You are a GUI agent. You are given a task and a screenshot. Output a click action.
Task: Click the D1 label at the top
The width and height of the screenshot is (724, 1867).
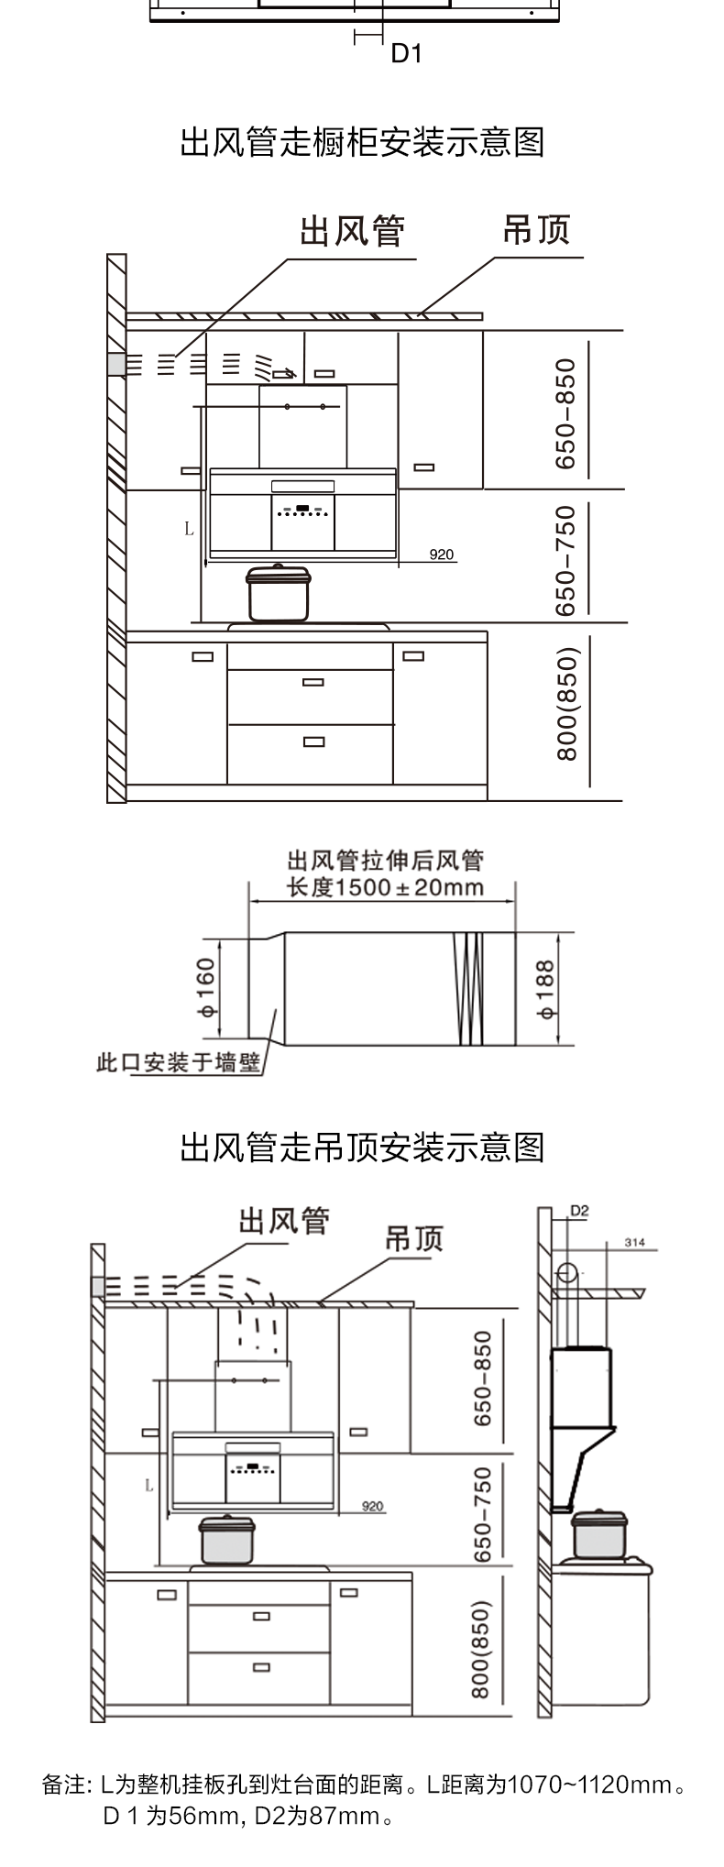tap(406, 54)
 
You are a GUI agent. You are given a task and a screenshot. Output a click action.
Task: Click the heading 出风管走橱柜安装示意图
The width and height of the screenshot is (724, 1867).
tap(362, 143)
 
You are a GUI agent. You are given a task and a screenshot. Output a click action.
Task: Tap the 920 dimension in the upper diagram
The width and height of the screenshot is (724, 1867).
tap(442, 555)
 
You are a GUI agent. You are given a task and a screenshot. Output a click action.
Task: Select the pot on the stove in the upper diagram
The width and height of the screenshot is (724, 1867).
tap(278, 594)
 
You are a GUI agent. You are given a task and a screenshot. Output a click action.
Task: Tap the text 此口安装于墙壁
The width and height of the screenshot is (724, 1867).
tap(179, 1063)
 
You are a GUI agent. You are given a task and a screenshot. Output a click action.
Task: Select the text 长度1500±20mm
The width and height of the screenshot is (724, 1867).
tap(385, 887)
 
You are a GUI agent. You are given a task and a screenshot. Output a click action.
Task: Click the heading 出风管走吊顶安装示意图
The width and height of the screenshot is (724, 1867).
tap(362, 1148)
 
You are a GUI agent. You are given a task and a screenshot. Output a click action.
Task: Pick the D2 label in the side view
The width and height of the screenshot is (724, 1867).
tap(579, 1211)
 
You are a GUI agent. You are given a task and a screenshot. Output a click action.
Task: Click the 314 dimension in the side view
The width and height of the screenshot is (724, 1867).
tap(634, 1243)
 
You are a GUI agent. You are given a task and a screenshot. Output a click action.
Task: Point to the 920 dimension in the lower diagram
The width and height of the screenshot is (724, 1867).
tap(373, 1507)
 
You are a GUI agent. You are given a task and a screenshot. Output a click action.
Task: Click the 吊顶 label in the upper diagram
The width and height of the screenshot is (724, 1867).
tap(536, 230)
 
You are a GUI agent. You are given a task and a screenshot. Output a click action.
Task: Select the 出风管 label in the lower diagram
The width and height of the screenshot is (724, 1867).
tap(284, 1221)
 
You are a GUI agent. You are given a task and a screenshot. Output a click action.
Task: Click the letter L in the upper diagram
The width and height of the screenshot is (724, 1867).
tap(189, 529)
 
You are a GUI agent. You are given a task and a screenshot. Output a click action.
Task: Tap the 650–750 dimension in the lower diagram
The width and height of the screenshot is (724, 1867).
tap(483, 1514)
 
